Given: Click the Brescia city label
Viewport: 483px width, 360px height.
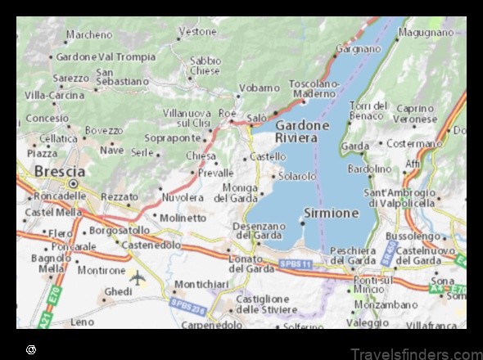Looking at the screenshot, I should tap(60, 172).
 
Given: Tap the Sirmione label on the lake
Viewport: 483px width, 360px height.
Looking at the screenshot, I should tap(331, 213).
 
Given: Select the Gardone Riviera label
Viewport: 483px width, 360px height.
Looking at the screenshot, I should tap(302, 132).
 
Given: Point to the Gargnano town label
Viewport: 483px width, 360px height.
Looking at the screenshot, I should tap(359, 49).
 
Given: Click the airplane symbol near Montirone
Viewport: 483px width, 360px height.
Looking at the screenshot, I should tap(138, 277).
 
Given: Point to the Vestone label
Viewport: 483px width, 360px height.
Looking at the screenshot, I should tap(197, 32).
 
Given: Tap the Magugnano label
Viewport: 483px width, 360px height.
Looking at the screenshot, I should tap(426, 33).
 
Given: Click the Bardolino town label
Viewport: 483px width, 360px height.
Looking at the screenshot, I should tap(370, 169).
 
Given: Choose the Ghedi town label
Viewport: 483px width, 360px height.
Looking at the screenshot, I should tap(119, 291).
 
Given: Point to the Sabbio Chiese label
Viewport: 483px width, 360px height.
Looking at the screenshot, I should tap(205, 65).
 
